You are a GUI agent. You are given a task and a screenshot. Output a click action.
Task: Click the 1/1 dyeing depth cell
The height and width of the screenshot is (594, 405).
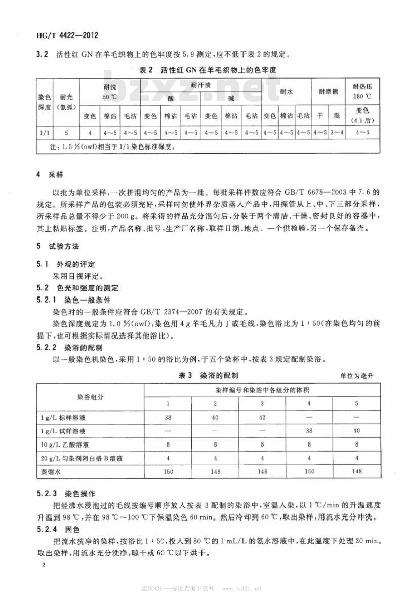click(44, 133)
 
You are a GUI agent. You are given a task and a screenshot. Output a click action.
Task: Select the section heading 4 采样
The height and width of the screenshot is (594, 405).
click(49, 176)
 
